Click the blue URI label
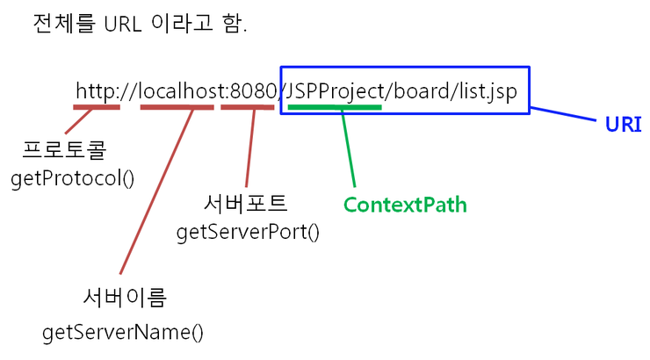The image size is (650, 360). coord(623,125)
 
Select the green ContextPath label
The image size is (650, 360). coord(404,205)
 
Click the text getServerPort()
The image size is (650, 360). coord(248,232)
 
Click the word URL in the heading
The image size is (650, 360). coord(124,24)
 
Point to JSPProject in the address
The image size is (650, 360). coord(332,90)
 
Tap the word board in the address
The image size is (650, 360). coord(414,90)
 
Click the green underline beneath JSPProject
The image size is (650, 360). coord(334,107)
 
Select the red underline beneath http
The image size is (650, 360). coord(96,107)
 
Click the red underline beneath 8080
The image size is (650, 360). coord(247,107)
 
